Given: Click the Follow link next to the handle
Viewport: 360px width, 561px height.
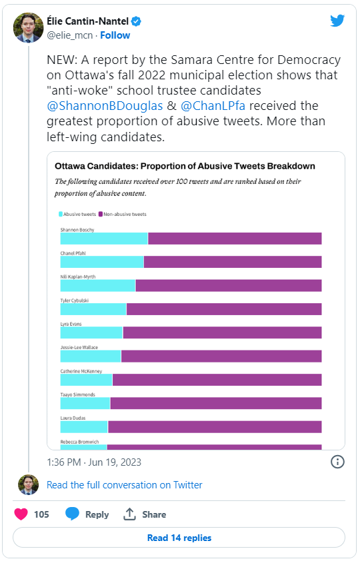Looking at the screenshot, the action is coord(115,35).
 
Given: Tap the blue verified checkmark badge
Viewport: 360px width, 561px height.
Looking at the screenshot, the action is coord(136,21).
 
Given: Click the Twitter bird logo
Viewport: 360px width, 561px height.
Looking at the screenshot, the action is coord(337,21).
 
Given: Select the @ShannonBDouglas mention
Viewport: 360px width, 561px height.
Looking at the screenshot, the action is coord(105,106).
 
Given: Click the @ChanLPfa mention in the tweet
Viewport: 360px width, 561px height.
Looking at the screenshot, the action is coord(213,106).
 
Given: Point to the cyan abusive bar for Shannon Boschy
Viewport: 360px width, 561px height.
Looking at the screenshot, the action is coord(104,239).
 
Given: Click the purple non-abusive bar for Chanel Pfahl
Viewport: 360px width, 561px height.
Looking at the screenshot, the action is coord(233,262).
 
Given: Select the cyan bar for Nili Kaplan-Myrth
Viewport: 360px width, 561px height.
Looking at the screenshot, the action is coord(98,286).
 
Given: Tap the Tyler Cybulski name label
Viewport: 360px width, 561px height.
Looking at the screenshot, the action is coord(75,300).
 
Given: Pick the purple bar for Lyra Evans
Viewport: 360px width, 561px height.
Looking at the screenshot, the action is coord(222,332).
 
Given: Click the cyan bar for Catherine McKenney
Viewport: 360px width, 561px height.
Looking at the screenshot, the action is coord(87,380).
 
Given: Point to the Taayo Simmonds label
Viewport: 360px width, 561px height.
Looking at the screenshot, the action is coord(77,394).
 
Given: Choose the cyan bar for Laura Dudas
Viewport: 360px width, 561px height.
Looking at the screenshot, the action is coord(84,427).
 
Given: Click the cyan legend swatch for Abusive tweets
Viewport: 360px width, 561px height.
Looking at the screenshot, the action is coord(61,215).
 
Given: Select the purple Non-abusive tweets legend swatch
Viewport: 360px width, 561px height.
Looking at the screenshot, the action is coord(101,215).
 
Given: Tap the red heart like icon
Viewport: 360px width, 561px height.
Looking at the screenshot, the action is coord(21,514).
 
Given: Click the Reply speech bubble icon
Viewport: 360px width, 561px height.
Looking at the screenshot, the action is coord(72,514).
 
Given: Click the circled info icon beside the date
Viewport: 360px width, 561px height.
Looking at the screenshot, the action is coord(337,462).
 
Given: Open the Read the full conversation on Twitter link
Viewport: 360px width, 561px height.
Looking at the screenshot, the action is coord(125,485).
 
